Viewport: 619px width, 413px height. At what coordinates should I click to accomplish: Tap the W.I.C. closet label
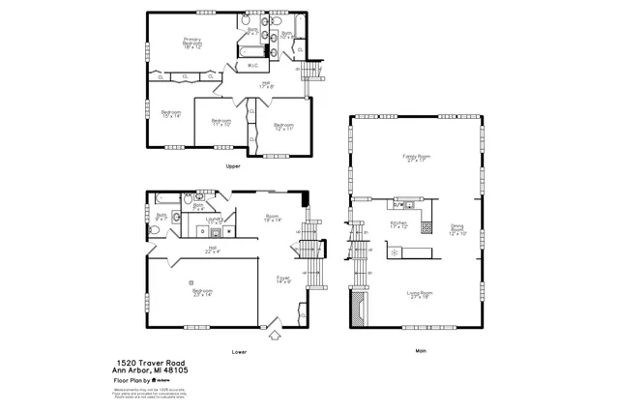click(x=251, y=66)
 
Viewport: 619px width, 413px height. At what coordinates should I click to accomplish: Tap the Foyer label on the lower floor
click(x=283, y=280)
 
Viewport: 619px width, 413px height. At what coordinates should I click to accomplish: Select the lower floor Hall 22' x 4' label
click(x=212, y=250)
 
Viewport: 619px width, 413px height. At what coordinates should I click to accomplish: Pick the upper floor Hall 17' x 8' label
click(x=266, y=85)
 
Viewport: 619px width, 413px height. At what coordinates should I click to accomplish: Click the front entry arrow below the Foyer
click(x=274, y=335)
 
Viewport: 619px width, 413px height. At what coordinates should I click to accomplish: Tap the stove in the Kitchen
click(x=395, y=251)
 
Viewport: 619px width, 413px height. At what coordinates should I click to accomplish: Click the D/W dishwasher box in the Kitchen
click(x=398, y=205)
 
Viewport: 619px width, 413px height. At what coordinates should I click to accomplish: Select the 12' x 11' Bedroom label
click(x=282, y=127)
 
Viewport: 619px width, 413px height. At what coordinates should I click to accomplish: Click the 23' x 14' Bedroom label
click(x=202, y=292)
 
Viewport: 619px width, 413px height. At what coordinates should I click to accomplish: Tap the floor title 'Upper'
click(x=232, y=166)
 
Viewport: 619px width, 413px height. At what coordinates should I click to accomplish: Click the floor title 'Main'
click(x=420, y=350)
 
